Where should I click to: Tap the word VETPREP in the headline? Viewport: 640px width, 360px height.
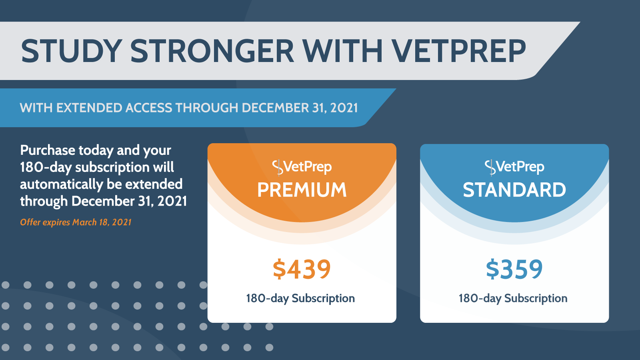point(458,51)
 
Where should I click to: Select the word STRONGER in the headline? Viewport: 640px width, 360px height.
point(212,51)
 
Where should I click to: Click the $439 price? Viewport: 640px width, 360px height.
point(302,269)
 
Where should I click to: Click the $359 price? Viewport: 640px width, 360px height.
point(514,269)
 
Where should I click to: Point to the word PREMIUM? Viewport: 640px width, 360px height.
point(302,190)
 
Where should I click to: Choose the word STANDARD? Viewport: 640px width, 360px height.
point(514,190)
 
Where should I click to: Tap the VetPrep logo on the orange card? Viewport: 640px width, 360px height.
point(302,167)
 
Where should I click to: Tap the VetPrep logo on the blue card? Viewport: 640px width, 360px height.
point(514,167)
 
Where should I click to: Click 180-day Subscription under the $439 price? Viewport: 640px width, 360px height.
point(300,298)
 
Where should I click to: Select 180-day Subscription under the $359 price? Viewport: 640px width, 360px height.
point(513,298)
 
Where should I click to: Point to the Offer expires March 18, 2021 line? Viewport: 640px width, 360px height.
point(76,222)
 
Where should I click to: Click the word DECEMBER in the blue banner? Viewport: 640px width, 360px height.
point(275,108)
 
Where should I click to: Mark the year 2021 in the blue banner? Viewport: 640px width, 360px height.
point(344,108)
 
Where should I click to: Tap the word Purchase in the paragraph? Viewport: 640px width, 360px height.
point(48,150)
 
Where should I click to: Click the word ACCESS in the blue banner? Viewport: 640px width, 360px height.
point(149,108)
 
